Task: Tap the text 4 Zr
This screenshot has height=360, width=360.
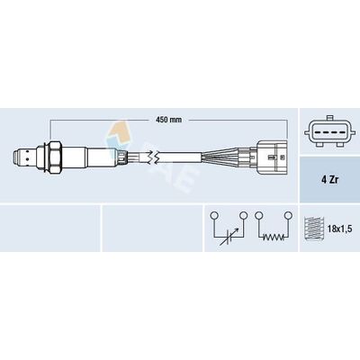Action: (329, 181)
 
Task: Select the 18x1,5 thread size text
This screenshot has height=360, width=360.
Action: (340, 229)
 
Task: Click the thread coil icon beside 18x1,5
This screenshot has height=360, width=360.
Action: (313, 229)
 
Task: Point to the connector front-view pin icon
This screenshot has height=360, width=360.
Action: (329, 131)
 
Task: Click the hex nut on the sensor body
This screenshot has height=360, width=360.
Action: (55, 157)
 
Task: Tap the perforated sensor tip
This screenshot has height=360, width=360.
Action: (24, 157)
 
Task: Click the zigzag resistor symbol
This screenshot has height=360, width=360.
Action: (274, 238)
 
